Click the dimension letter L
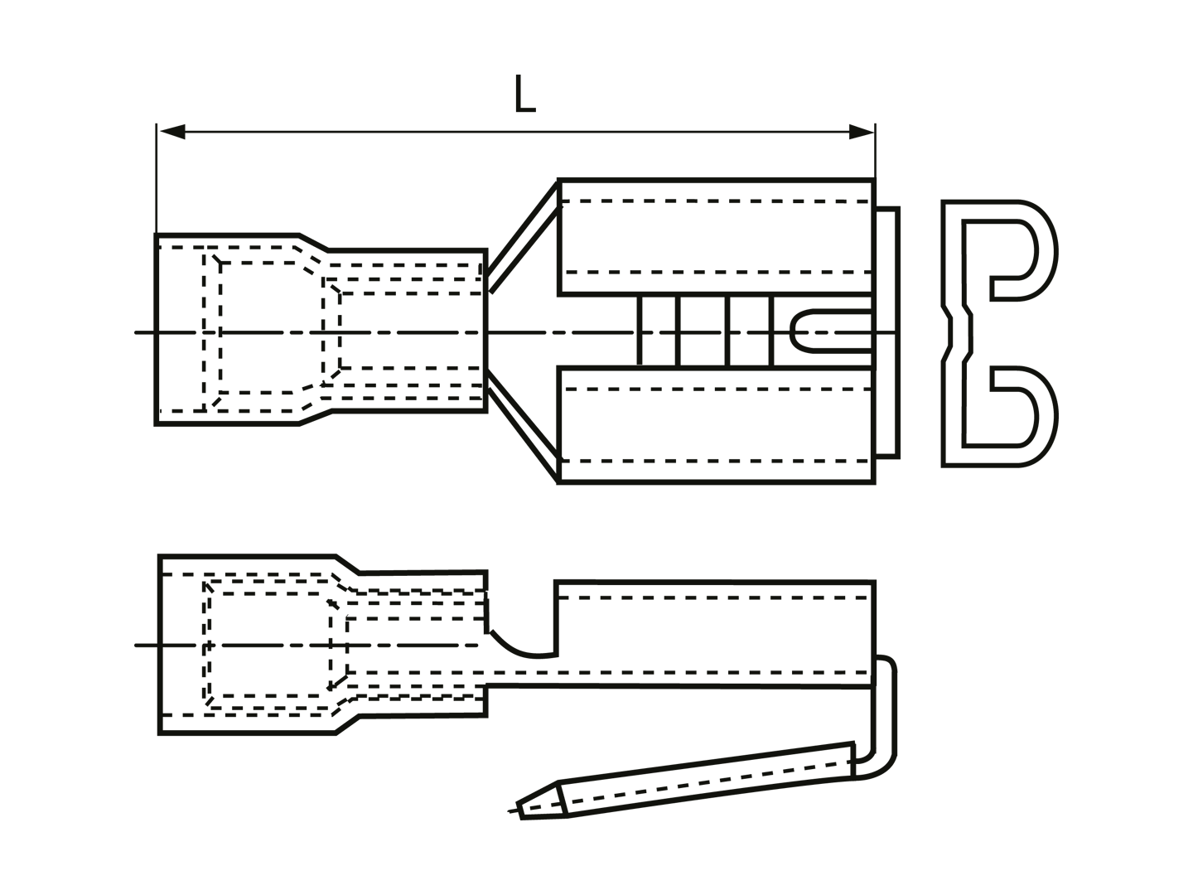coord(524,94)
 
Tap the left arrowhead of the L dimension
coord(172,132)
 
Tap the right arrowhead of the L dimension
coord(862,132)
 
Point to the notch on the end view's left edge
coord(948,332)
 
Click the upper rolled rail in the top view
coord(717,236)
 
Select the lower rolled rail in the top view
coord(717,425)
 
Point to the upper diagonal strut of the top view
coord(523,237)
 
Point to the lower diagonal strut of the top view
coord(523,427)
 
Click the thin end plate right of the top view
coord(887,332)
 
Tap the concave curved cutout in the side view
coord(523,646)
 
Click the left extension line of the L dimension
coord(157,179)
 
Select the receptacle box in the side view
coord(715,634)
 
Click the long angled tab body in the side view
coord(706,780)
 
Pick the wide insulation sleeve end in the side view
coord(248,645)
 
